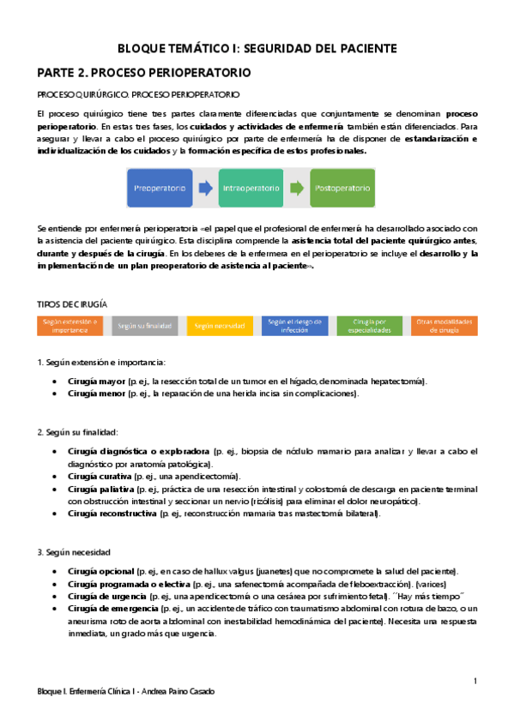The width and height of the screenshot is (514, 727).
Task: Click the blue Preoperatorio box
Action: point(160,188)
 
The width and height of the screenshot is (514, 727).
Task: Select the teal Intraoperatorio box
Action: point(251,188)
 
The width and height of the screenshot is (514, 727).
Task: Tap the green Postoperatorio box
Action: point(342,188)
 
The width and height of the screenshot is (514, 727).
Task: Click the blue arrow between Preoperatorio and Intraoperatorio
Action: point(206,188)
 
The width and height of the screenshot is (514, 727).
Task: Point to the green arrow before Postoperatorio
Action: point(296,188)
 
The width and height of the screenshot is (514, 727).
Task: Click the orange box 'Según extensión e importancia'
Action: point(70,326)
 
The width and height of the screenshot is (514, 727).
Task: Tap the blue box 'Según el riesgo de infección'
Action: point(294,326)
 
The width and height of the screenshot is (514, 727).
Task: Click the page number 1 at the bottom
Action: point(475,681)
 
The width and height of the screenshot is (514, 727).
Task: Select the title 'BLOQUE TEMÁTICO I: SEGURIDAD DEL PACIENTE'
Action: point(257,48)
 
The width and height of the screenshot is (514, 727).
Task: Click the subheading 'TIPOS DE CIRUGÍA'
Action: point(72,303)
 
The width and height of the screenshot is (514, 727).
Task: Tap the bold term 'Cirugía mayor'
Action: point(96,381)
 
